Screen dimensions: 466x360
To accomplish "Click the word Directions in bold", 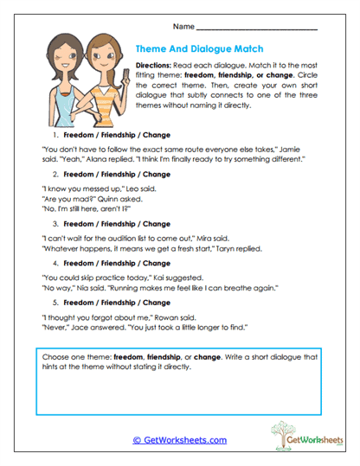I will [x=157, y=66].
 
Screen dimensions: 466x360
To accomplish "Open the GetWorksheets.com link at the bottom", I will [x=179, y=440].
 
